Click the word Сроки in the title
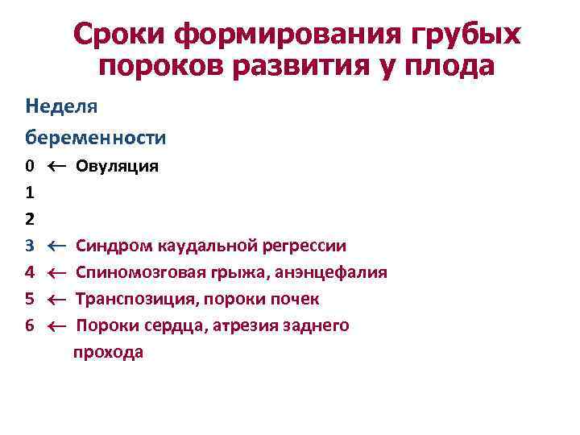121,34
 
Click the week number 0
29,167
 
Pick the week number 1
29,193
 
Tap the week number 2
29,219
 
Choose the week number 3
29,246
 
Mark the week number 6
29,325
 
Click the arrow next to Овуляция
56,167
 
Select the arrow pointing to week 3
56,246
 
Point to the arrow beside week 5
56,299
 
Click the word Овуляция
117,167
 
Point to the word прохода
108,352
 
